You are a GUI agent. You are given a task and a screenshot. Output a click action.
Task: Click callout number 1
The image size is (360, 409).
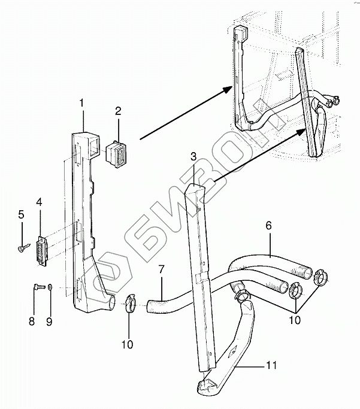click(x=81, y=104)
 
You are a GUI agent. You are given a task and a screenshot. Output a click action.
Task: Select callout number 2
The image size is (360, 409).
click(x=118, y=111)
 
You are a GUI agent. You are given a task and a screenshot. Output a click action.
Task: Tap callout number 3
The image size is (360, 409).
click(x=193, y=157)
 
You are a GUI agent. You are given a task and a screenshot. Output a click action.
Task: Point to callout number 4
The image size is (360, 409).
click(x=39, y=202)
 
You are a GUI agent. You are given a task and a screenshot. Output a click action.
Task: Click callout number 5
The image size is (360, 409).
click(x=20, y=214)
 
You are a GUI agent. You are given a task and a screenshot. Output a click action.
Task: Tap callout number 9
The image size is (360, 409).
click(x=50, y=322)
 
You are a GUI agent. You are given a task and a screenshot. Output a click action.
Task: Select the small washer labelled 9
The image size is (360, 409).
click(x=50, y=287)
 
